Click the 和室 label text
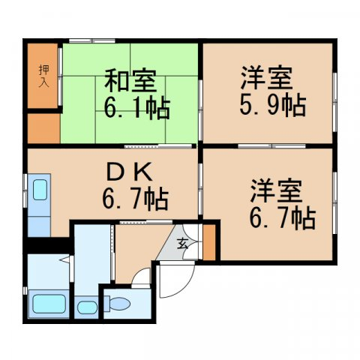pos(129,80)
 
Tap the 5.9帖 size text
pos(272,106)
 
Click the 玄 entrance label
pos(184,241)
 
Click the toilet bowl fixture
pos(119,304)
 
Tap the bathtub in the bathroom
pos(50,306)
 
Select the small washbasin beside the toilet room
pos(86,307)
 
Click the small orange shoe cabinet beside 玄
pos(209,241)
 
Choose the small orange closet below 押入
pos(43,128)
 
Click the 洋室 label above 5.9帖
pos(267,78)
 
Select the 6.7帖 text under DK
pos(135,199)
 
